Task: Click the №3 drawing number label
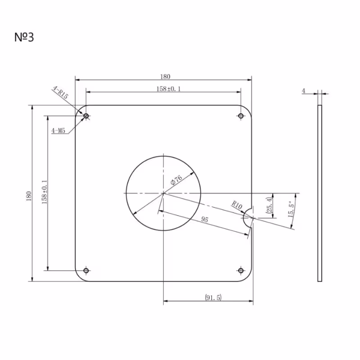pos(24,37)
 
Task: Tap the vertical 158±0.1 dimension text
pos(44,192)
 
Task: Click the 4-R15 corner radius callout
pos(60,94)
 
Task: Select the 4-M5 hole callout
pos(58,131)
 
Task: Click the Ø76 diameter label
pos(176,180)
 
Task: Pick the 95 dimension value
pos(205,219)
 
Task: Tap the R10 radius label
pos(237,206)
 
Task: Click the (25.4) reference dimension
pos(269,205)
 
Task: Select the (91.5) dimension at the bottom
pos(213,297)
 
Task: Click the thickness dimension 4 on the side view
pos(304,91)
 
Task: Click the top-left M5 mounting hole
pos(86,117)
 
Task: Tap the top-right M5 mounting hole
pos(241,117)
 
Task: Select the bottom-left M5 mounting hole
pos(86,270)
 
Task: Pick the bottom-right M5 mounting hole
pos(241,270)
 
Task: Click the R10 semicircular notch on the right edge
pos(248,218)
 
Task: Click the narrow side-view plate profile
pos(319,193)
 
